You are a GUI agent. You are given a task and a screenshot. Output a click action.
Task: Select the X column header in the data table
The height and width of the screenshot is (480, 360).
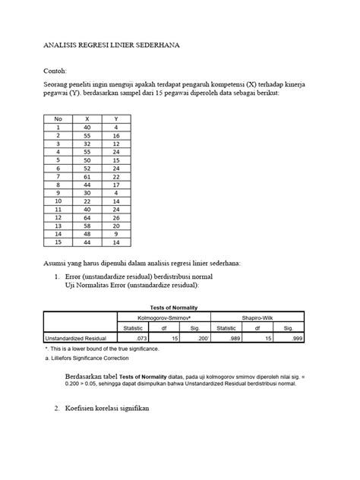(x=87, y=119)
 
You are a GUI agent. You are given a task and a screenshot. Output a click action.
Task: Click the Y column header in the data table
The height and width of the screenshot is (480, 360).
(x=115, y=119)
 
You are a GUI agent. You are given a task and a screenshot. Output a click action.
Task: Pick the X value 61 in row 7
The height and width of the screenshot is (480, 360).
(x=87, y=176)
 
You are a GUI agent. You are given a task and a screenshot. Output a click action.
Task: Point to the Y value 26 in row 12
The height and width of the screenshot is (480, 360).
(x=115, y=217)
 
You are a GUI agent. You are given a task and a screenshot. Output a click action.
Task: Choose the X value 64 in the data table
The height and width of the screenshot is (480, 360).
(x=87, y=217)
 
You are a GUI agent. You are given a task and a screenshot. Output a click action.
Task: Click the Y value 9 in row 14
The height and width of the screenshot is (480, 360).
(x=115, y=234)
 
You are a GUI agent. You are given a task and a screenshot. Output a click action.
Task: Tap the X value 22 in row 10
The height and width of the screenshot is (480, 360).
(x=87, y=201)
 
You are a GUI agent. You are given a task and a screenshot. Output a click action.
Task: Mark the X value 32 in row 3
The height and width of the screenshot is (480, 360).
(x=87, y=144)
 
